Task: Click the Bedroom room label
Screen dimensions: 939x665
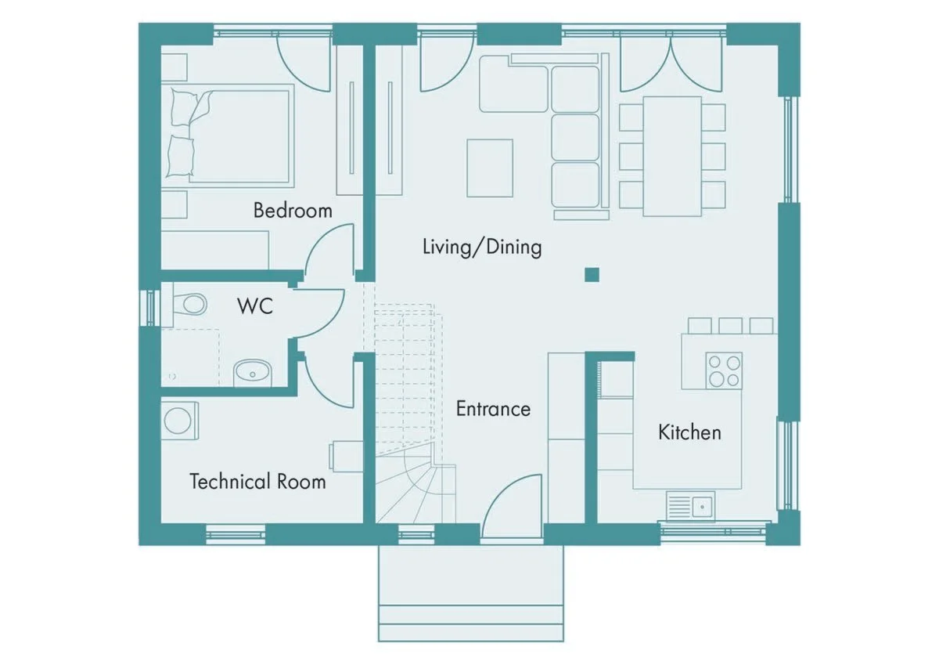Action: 293,210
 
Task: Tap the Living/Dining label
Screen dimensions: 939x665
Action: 482,247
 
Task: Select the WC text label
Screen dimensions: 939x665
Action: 255,305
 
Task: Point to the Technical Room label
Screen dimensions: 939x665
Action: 257,481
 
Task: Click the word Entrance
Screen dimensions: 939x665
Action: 493,409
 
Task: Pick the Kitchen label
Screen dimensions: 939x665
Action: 689,432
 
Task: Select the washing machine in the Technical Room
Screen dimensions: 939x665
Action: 180,421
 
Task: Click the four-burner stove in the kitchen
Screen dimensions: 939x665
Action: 724,370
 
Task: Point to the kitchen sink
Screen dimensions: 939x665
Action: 690,507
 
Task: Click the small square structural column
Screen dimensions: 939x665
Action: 592,275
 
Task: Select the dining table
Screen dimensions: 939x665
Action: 672,157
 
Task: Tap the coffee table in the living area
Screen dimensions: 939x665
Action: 490,168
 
